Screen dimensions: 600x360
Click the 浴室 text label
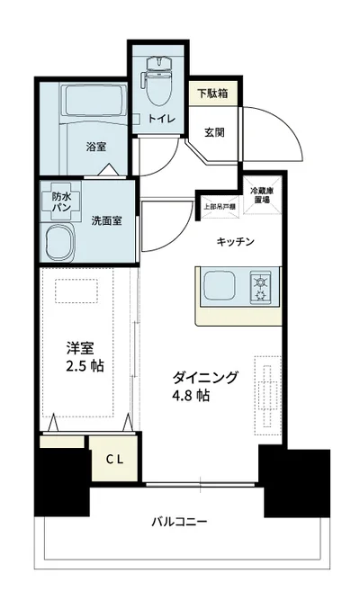[95, 146]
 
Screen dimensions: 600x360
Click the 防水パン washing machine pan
[62, 201]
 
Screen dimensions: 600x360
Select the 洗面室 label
[106, 219]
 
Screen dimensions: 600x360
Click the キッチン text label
[237, 241]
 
